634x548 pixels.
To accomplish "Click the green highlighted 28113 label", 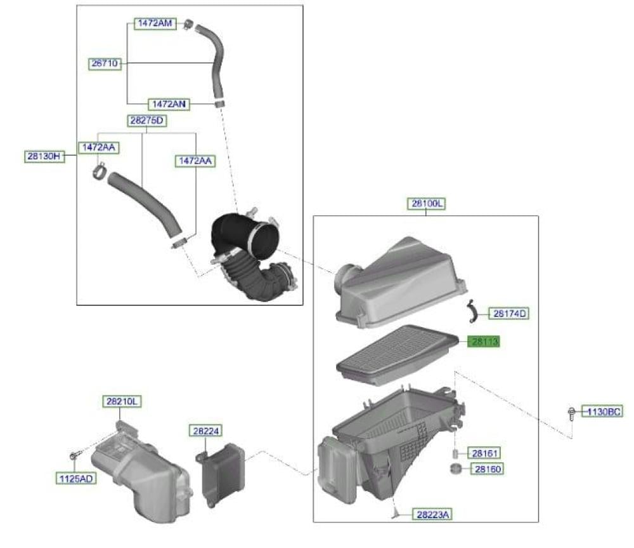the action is point(484,342).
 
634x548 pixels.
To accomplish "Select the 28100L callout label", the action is point(427,203).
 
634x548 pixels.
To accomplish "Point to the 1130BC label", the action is point(603,412).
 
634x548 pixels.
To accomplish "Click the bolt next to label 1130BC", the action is point(571,414).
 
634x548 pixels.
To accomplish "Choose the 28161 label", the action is point(484,453).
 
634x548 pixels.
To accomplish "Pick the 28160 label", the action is point(487,469).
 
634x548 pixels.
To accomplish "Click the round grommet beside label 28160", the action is point(456,469).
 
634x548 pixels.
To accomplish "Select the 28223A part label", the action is point(432,514).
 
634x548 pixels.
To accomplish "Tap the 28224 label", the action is point(206,431).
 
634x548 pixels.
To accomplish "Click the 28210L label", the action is point(122,401).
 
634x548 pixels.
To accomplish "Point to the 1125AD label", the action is point(76,479).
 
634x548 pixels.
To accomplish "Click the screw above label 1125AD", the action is point(74,456).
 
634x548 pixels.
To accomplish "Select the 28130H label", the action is point(44,156).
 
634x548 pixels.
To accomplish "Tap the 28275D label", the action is point(147,120).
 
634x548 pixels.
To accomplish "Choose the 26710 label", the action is point(105,63).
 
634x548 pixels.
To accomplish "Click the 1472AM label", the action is point(155,23).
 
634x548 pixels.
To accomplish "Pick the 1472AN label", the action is point(169,104).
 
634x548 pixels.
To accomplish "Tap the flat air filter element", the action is point(398,354).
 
